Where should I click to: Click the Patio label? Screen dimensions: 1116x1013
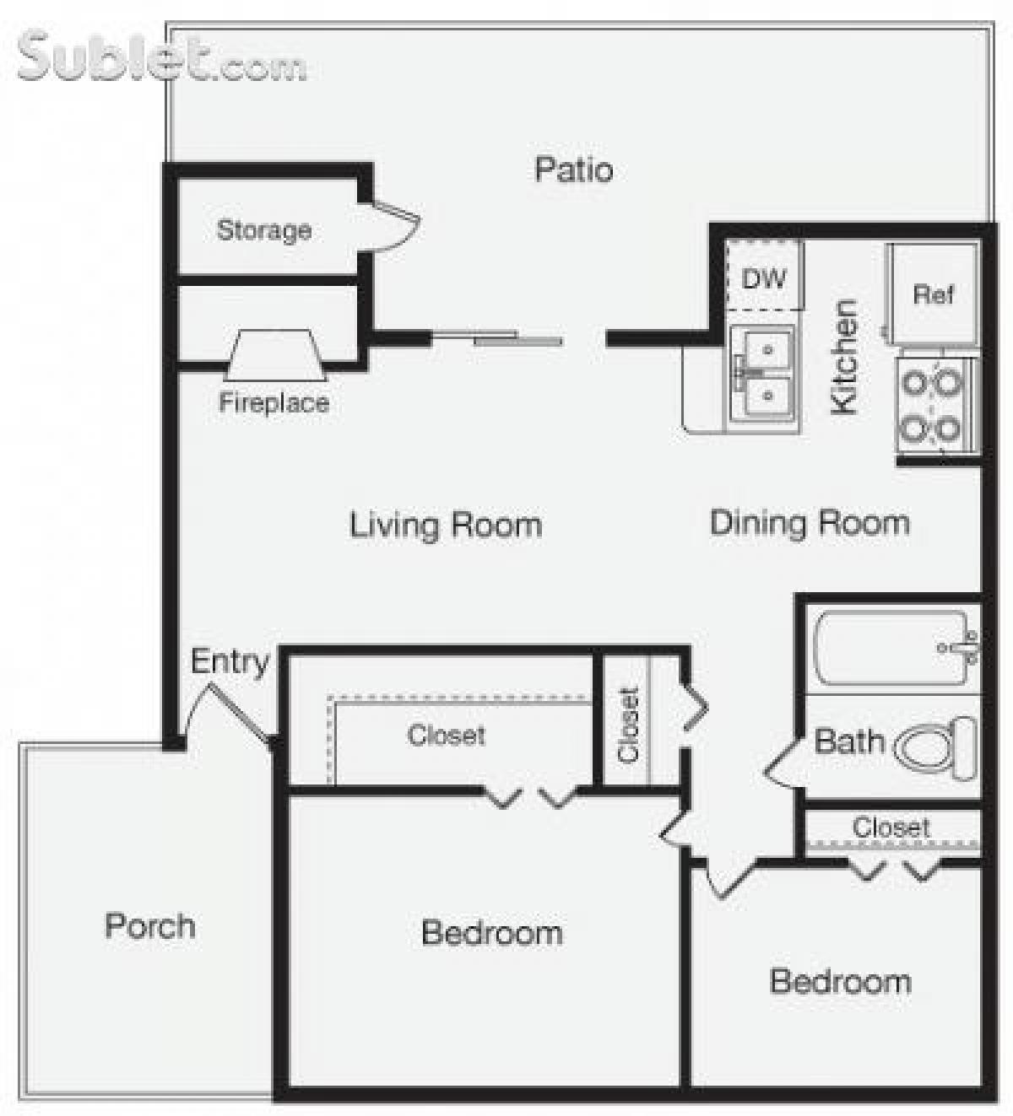573,170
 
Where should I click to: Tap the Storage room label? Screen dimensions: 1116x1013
263,229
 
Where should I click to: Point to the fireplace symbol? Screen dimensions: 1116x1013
275,354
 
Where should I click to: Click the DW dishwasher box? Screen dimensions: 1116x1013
764,278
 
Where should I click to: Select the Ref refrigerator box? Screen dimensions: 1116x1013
933,294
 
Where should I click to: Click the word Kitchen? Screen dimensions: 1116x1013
844,357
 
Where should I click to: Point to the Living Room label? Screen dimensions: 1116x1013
446,525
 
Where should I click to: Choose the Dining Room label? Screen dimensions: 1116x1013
810,523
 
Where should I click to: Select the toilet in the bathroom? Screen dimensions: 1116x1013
935,747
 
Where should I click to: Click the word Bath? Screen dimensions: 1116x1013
848,742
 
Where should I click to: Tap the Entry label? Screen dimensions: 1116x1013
229,661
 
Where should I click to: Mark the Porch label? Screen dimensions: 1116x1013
150,926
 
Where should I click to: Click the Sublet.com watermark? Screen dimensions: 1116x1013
160,57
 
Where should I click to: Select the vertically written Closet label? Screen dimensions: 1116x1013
629,725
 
